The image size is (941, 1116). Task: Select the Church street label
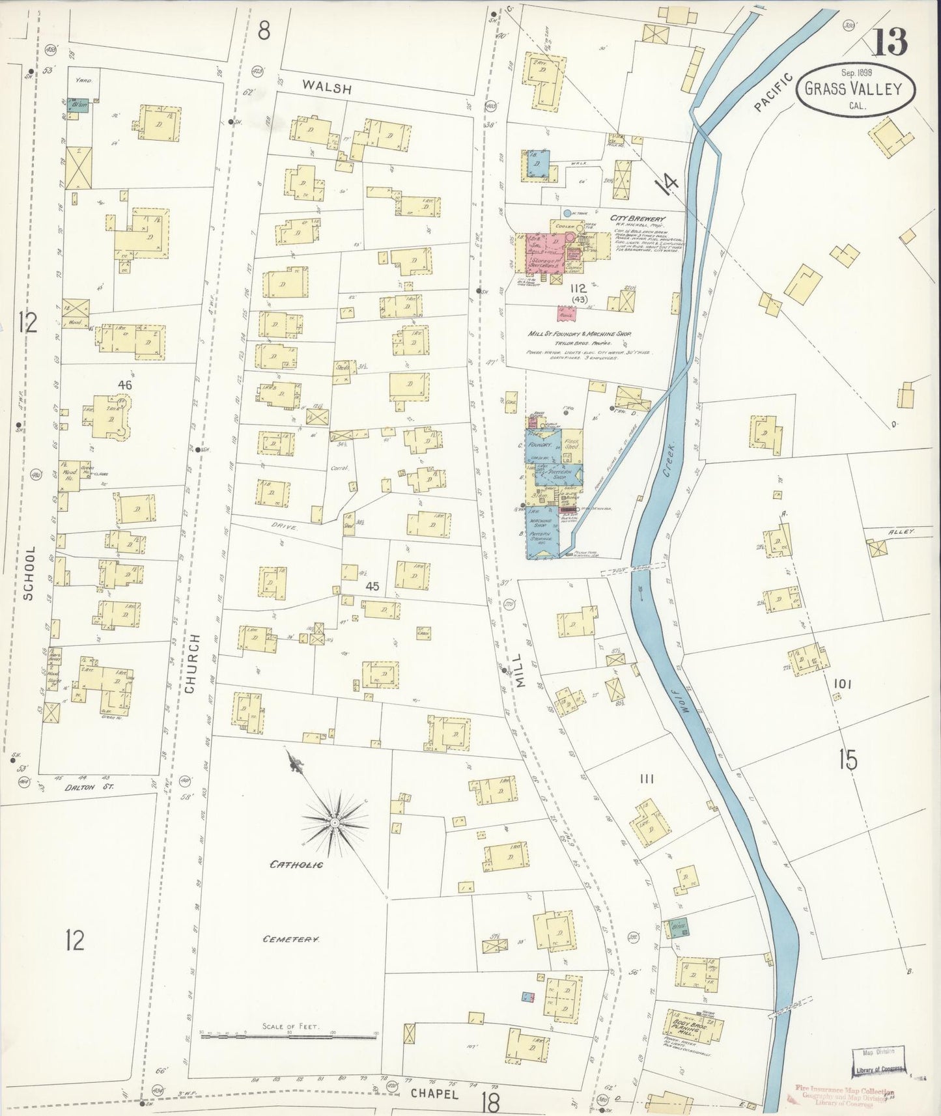pyautogui.click(x=190, y=663)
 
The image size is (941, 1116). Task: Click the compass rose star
pyautogui.click(x=335, y=823)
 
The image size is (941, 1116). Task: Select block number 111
pyautogui.click(x=647, y=779)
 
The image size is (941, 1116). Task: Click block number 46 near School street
pyautogui.click(x=124, y=385)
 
